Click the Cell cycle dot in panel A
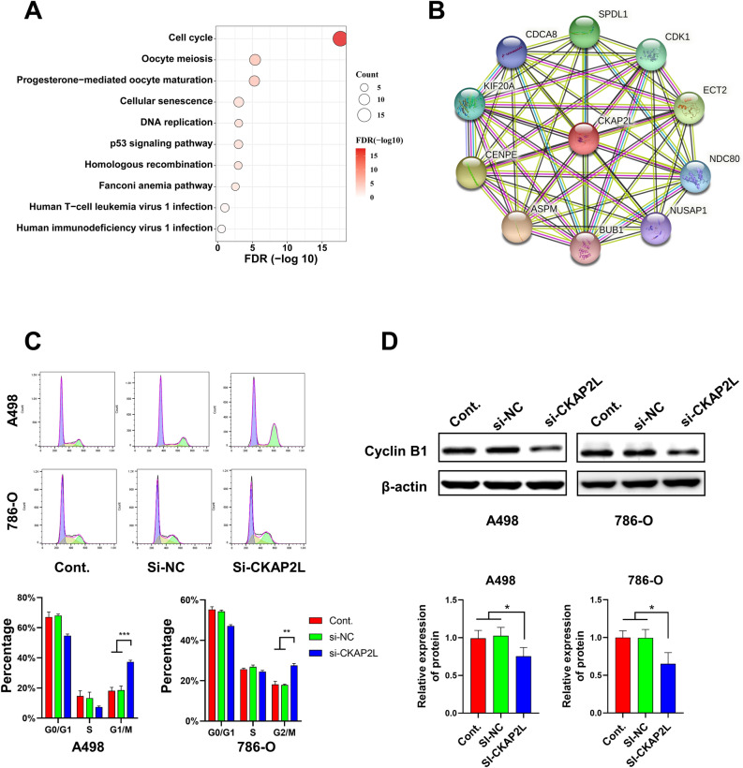click(340, 37)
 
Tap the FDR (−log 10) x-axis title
click(279, 259)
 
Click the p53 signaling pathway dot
click(238, 144)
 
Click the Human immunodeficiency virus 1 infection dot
click(221, 228)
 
